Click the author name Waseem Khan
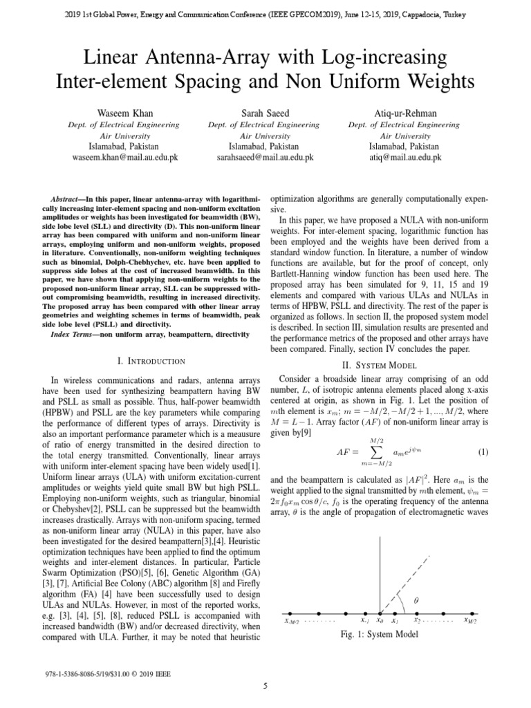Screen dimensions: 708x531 [125, 113]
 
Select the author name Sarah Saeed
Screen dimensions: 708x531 [264, 113]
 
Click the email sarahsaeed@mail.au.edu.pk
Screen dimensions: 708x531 [264, 158]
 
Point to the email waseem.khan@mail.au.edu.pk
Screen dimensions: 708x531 [125, 158]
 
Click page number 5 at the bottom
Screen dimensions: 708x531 [265, 686]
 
